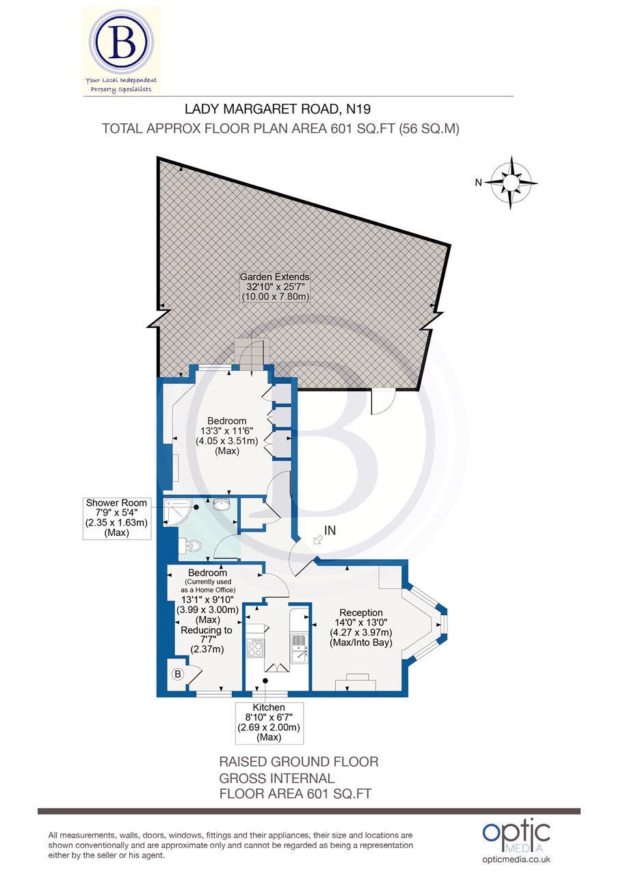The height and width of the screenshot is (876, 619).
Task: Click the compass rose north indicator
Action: [512, 182]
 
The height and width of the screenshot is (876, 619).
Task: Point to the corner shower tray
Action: [175, 514]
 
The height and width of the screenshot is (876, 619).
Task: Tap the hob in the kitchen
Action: [255, 647]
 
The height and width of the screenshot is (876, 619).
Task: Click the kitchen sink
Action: [300, 649]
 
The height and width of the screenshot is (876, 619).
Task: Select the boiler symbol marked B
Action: [177, 674]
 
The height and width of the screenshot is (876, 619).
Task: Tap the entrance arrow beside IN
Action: [317, 541]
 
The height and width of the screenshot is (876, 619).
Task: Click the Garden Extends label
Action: [274, 277]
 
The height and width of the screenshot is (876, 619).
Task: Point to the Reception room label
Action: [361, 613]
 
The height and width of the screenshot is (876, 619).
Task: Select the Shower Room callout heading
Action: [116, 503]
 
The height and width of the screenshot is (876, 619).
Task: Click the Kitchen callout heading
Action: [268, 707]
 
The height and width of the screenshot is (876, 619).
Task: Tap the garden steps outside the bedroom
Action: [250, 352]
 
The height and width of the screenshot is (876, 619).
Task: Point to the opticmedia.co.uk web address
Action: [516, 859]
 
